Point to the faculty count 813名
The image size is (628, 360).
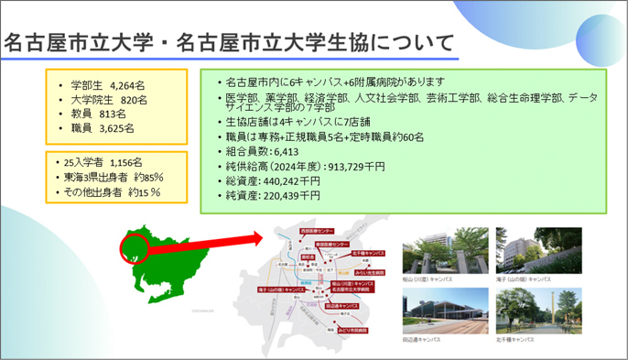click(x=113, y=114)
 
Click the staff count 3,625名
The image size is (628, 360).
click(x=115, y=128)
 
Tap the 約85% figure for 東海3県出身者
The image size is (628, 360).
click(x=148, y=177)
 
